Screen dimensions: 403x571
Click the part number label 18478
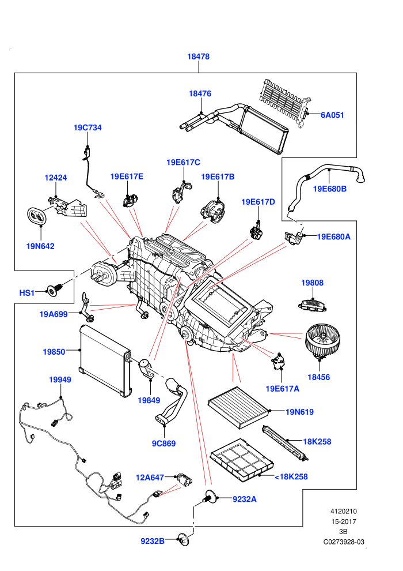tap(198, 57)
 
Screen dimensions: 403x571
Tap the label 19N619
tap(299, 412)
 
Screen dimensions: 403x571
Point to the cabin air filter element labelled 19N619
tap(239, 408)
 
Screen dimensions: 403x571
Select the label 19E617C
tap(183, 163)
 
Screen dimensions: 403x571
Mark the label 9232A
tap(245, 499)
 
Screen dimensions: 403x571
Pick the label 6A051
tap(332, 115)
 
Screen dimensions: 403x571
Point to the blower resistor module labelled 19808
tap(312, 305)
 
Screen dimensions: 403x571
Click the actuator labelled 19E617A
tap(278, 361)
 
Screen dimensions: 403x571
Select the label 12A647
tap(150, 478)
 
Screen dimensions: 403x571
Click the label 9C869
tap(164, 444)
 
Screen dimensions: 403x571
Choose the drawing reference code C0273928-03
tap(344, 542)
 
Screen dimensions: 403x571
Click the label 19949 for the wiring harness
tap(60, 380)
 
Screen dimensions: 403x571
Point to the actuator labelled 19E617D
tap(258, 232)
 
